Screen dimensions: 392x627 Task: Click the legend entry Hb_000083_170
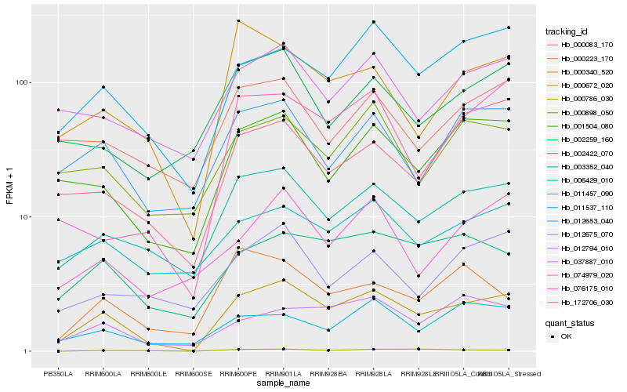582,45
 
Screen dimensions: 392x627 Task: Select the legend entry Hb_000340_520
582,71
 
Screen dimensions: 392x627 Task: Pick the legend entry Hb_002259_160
582,139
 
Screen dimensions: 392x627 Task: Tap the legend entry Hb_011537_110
582,207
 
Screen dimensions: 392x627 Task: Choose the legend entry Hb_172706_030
582,302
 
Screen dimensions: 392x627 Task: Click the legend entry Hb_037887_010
582,261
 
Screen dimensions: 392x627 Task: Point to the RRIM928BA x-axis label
328,373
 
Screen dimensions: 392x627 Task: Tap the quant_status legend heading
571,322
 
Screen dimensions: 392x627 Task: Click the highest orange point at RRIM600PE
238,20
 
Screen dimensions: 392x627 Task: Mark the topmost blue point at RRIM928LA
374,22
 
